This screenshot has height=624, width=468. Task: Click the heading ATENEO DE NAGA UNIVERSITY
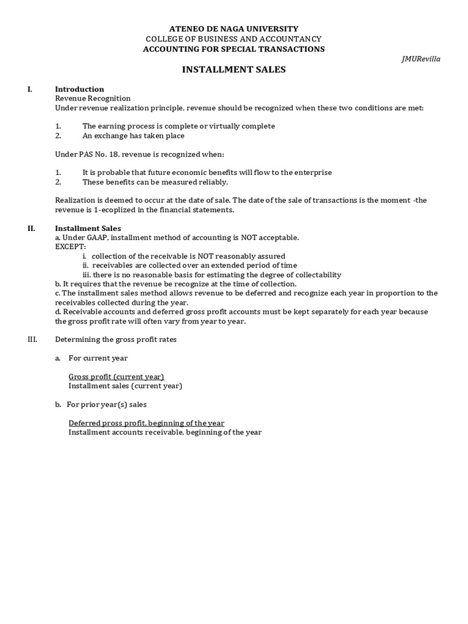(234, 29)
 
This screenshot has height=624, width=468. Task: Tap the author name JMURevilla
(421, 59)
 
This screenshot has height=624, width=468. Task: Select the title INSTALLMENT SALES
(234, 70)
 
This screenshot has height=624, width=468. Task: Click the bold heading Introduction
(79, 89)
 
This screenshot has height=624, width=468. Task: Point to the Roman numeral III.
(32, 339)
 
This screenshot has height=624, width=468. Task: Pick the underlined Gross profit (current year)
(116, 377)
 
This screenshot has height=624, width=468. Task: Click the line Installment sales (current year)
(125, 386)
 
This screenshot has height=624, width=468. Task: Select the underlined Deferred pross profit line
(146, 423)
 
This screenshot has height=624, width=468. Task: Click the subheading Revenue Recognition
(93, 98)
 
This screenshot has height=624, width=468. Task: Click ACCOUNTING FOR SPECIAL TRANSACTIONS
(234, 49)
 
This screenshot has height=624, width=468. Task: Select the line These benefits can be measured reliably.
(155, 182)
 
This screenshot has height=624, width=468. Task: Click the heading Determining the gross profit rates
(116, 339)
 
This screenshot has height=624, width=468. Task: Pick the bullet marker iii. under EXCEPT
(87, 275)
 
